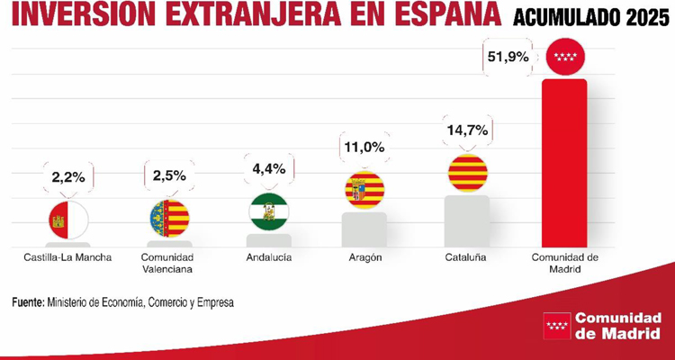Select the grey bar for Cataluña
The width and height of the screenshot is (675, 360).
[466, 221]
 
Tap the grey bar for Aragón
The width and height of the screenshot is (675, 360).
[364, 229]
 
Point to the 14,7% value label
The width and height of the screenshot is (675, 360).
[466, 130]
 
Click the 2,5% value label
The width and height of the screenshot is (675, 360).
[168, 176]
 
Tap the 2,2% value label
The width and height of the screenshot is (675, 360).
[67, 176]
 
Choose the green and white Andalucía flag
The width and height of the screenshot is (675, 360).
[268, 212]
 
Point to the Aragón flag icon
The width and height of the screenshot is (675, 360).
[364, 190]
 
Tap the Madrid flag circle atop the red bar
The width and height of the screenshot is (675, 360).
[565, 58]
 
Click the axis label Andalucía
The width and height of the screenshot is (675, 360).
[268, 257]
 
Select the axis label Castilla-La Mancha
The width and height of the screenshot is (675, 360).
[67, 257]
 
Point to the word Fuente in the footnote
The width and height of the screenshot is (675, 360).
[26, 303]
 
